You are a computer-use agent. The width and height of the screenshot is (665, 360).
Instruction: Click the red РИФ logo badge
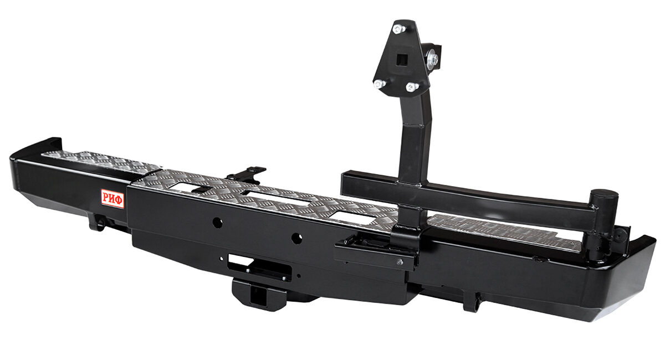click(x=112, y=198)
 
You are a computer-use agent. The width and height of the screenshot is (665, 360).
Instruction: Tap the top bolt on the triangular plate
click(x=398, y=29)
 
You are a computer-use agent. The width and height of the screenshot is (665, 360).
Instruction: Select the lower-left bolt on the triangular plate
click(x=380, y=84)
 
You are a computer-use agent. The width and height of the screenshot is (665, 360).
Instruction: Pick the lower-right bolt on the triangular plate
click(x=412, y=87)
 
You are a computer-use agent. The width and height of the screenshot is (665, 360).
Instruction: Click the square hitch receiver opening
click(x=259, y=295)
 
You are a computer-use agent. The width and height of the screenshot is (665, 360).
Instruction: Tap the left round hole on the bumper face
click(x=218, y=222)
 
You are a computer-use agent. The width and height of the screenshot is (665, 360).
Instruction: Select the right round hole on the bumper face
click(x=296, y=238)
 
